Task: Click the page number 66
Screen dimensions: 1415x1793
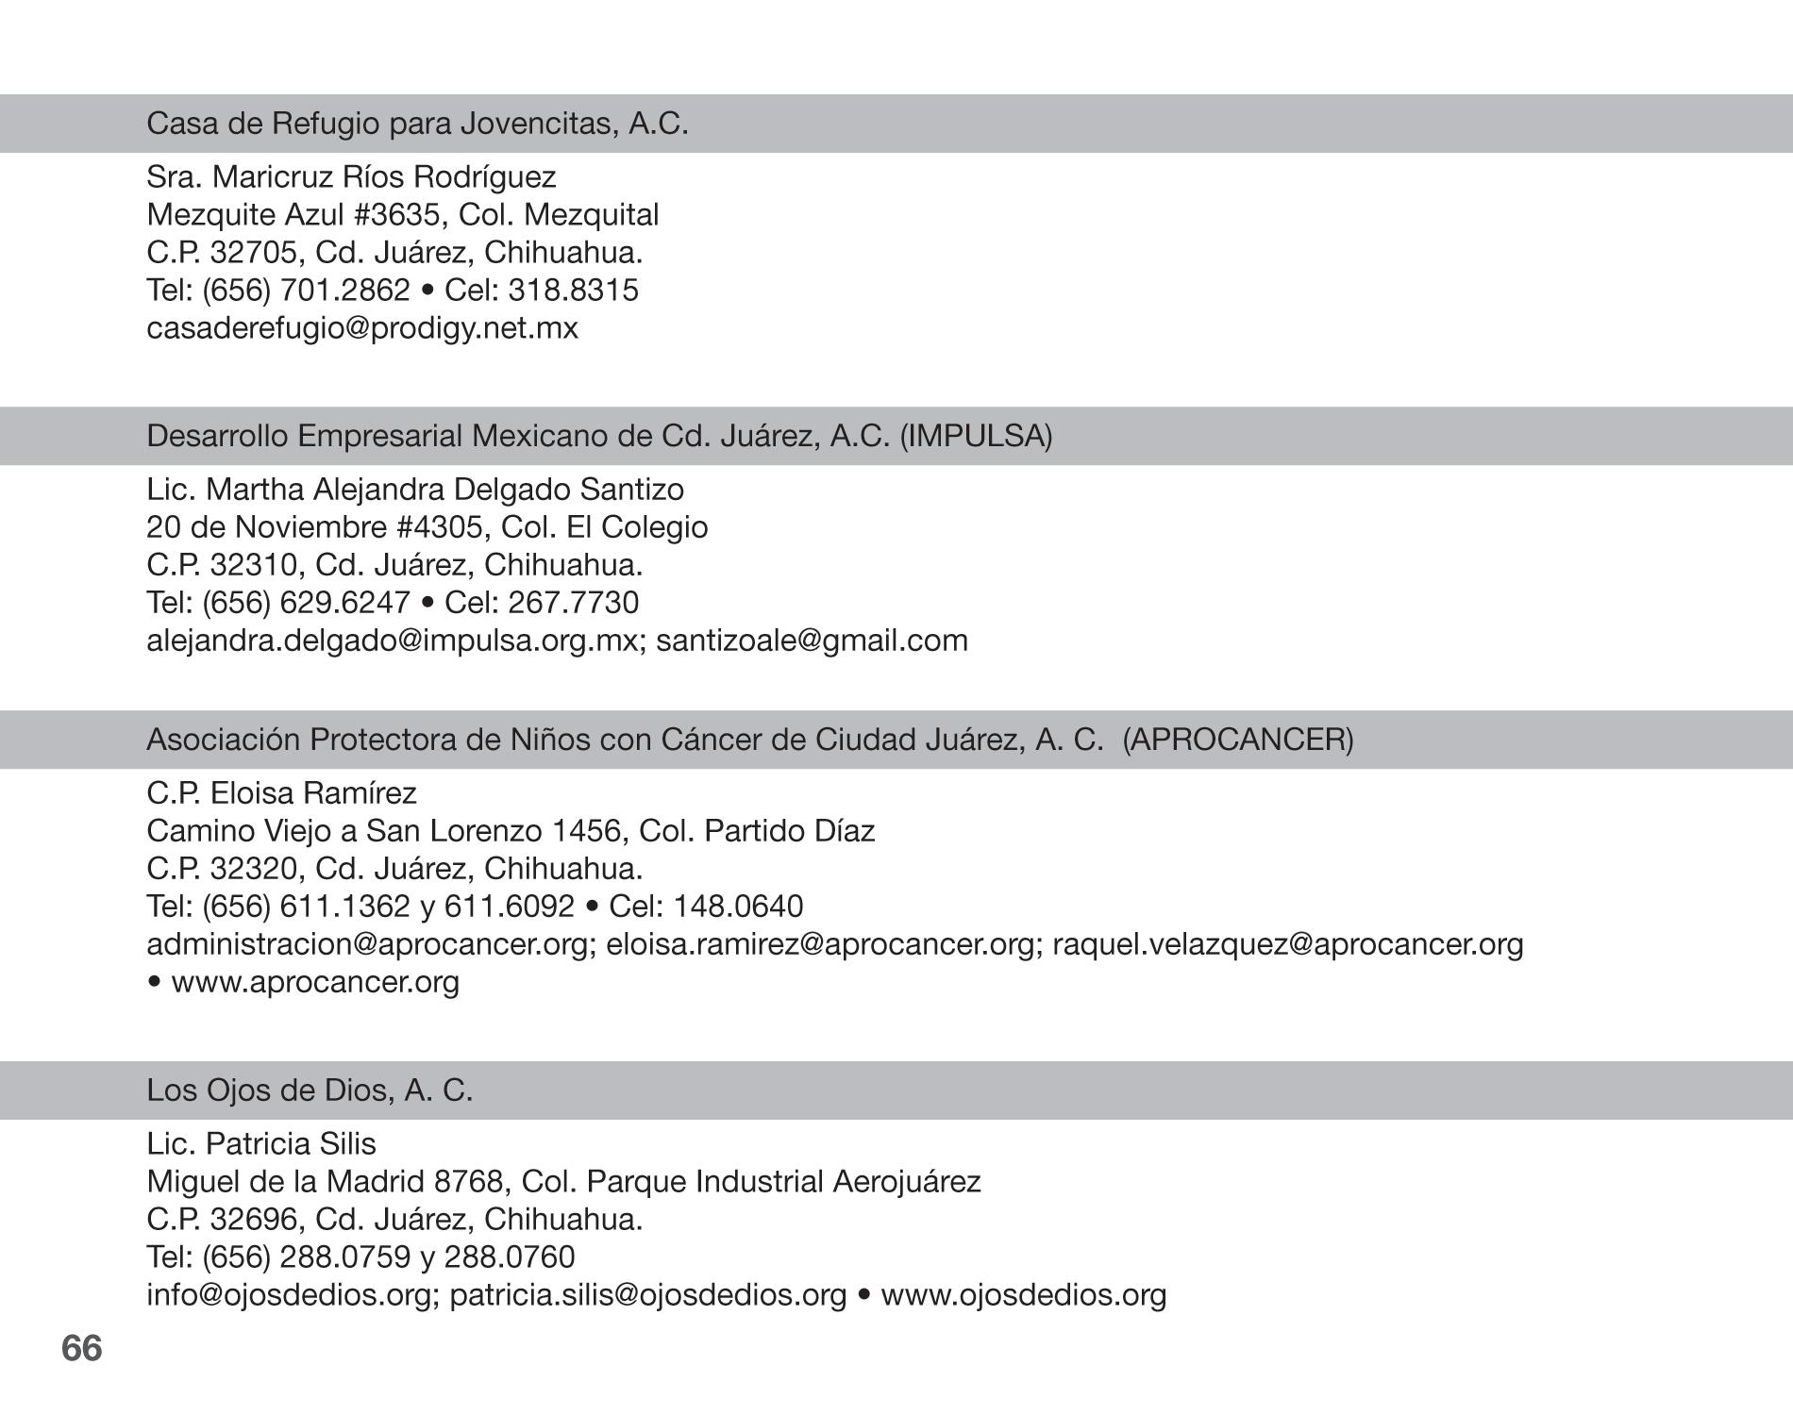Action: (x=82, y=1348)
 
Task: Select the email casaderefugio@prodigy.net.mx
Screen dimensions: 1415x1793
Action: (x=362, y=328)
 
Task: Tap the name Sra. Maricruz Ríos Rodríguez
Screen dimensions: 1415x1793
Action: (x=351, y=177)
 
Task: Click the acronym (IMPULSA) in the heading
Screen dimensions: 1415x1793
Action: (x=976, y=436)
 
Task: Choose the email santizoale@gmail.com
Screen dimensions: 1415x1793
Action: (x=812, y=641)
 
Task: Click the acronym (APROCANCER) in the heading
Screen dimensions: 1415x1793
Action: (x=1238, y=740)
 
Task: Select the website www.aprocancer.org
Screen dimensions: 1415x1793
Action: (x=315, y=982)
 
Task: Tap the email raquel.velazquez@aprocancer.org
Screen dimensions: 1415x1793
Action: (x=1287, y=944)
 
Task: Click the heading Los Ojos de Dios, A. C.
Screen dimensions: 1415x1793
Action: (x=310, y=1090)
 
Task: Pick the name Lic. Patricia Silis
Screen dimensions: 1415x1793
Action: (x=261, y=1144)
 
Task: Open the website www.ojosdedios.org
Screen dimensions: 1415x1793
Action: (x=1024, y=1295)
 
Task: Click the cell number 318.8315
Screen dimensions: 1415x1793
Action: (x=573, y=291)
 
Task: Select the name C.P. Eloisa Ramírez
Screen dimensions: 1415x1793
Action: (x=281, y=793)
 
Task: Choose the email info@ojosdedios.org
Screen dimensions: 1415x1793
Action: (x=289, y=1295)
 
